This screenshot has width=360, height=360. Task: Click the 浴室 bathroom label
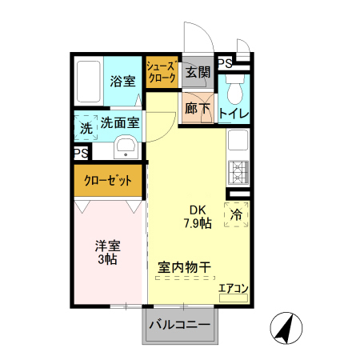(x=122, y=81)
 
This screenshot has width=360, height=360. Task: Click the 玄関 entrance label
(x=198, y=72)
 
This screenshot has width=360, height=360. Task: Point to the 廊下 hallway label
(x=197, y=107)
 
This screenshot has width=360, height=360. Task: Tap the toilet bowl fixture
(x=234, y=83)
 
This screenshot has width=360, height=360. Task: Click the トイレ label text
(x=234, y=114)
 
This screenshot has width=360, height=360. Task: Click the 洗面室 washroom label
(x=120, y=124)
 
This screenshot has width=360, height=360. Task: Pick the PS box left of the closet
(x=81, y=152)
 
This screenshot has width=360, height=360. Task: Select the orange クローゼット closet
(x=109, y=181)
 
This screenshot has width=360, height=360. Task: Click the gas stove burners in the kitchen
(x=238, y=170)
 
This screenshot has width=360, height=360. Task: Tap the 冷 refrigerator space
(x=237, y=214)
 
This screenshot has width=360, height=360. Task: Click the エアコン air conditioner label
(x=234, y=289)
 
